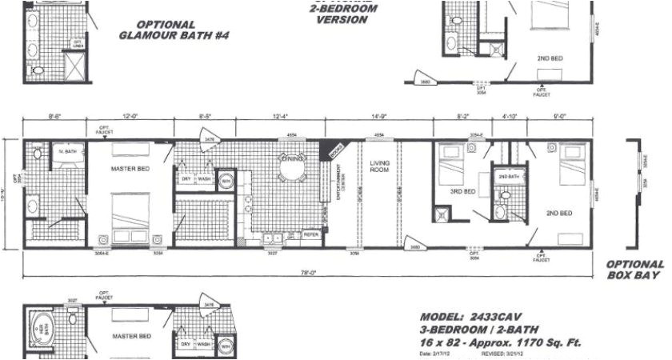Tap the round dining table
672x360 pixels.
[x=291, y=170]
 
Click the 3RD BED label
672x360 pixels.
[x=463, y=192]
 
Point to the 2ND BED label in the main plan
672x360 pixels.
[x=558, y=213]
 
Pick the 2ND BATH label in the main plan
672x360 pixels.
[x=506, y=177]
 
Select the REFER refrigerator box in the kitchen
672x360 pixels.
[x=311, y=235]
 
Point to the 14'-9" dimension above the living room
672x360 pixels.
[x=378, y=118]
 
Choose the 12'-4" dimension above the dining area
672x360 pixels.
[x=279, y=118]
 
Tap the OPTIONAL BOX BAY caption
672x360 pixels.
[x=634, y=270]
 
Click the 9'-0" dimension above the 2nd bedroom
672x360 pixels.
[x=558, y=118]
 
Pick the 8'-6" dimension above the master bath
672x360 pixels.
[x=55, y=118]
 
